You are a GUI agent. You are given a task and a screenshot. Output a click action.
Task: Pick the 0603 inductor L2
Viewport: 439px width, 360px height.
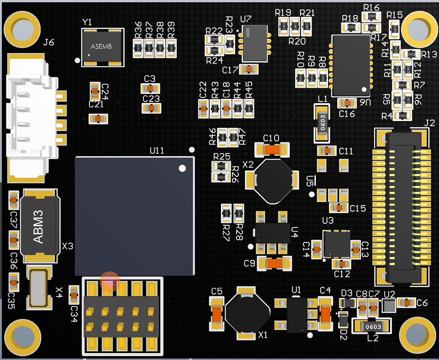pyautogui.click(x=373, y=327)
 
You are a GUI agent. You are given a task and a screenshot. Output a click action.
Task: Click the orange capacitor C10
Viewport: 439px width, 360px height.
pyautogui.click(x=271, y=149)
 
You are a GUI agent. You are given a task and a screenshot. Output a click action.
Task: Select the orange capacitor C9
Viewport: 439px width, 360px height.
pyautogui.click(x=274, y=263)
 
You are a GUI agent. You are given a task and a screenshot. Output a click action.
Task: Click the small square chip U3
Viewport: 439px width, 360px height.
pyautogui.click(x=337, y=244)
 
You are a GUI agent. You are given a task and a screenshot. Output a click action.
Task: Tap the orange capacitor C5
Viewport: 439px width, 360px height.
pyautogui.click(x=217, y=313)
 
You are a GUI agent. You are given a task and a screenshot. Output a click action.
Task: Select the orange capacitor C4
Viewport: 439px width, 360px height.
pyautogui.click(x=326, y=313)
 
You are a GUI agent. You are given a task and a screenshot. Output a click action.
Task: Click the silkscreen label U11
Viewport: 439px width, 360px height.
pyautogui.click(x=157, y=150)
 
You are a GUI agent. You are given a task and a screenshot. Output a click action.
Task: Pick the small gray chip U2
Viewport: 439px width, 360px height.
pyautogui.click(x=389, y=306)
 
